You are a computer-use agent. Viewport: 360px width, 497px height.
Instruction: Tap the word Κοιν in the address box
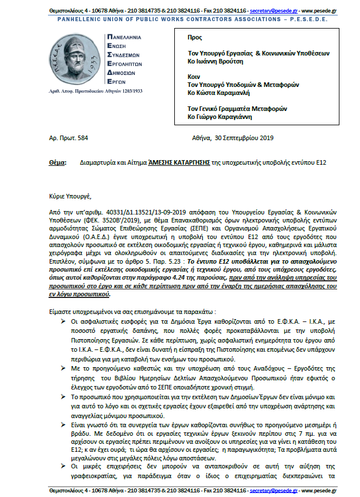(193, 76)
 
